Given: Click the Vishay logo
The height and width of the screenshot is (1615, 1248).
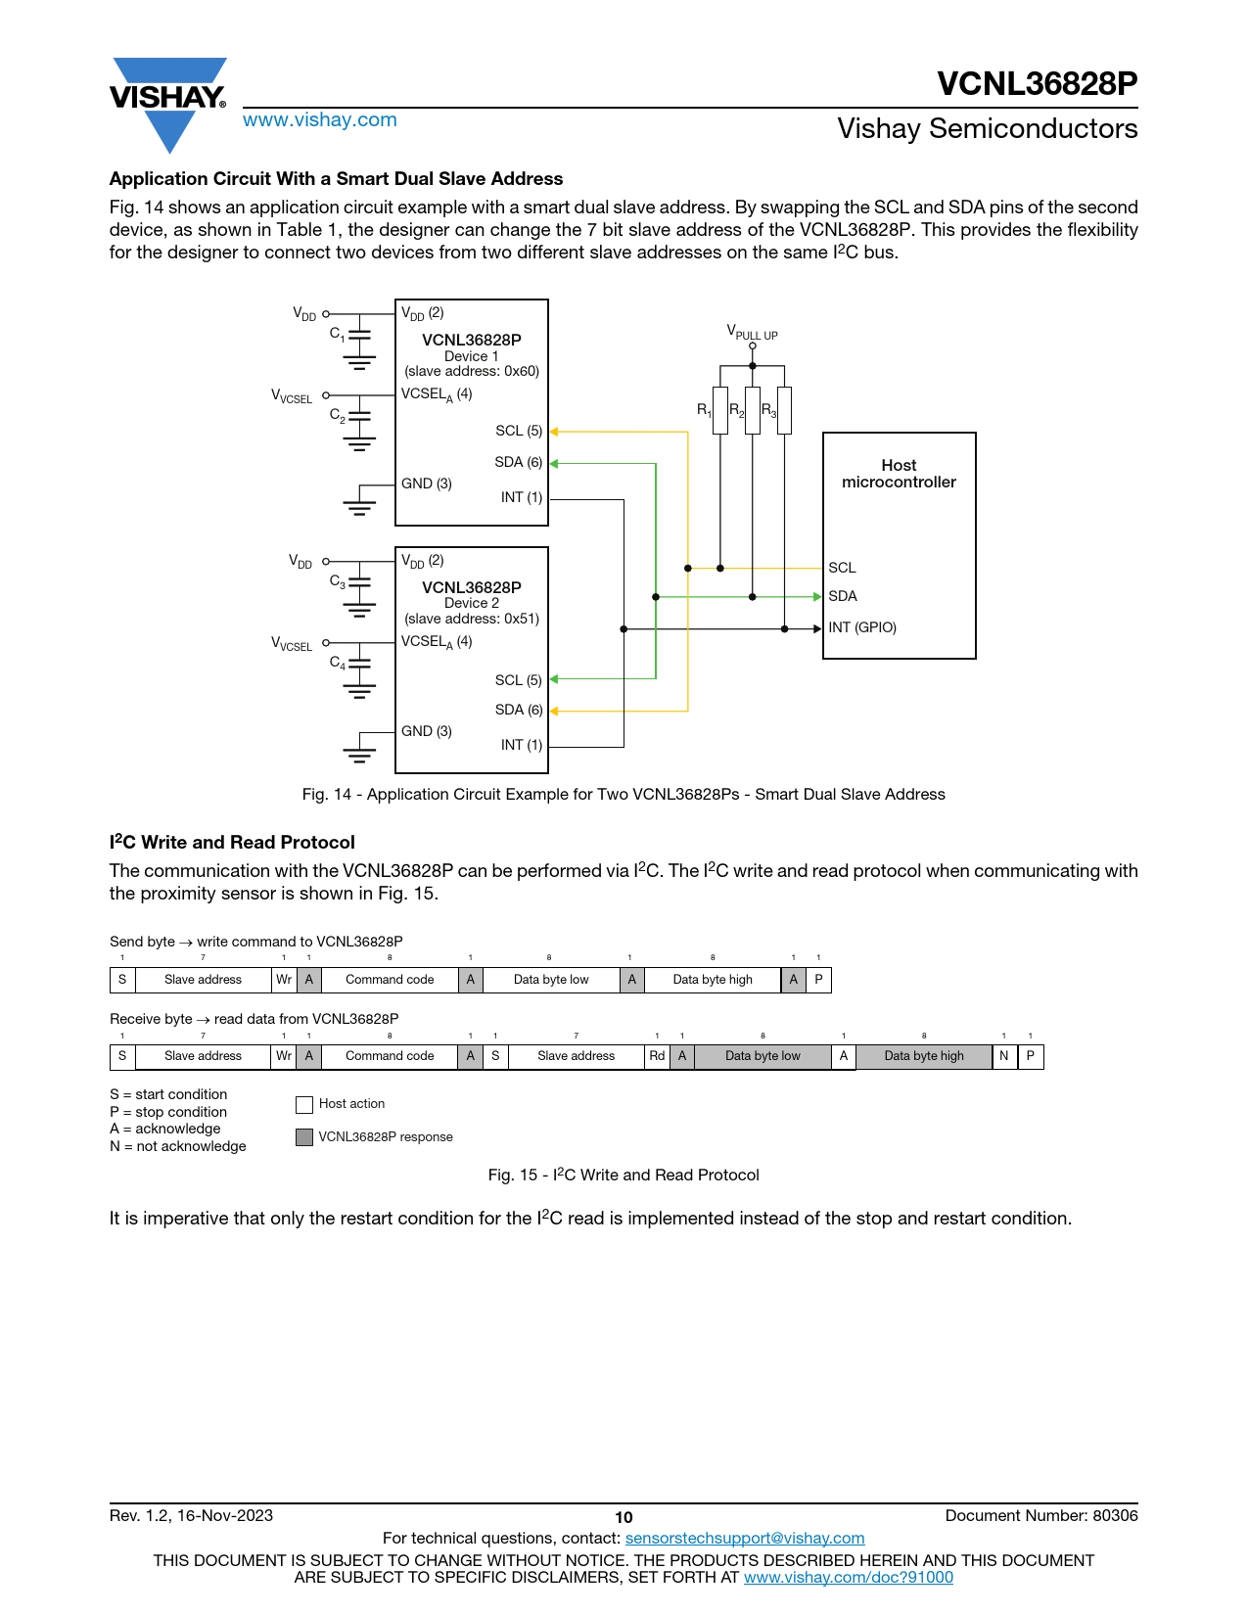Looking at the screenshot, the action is [x=168, y=105].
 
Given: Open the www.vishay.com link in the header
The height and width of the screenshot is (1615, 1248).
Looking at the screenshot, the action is [x=320, y=119].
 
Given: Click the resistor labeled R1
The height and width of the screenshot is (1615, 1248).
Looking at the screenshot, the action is [x=719, y=410].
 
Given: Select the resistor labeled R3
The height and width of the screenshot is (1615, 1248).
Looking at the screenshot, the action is [x=784, y=410].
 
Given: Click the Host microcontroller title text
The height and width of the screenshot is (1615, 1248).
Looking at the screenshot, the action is [x=899, y=474].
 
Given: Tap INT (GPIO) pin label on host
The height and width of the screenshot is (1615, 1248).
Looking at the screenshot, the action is [x=862, y=627].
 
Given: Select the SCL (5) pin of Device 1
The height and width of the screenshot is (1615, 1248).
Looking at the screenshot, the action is [x=519, y=431].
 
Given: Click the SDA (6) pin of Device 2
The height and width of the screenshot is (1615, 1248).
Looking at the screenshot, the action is [x=519, y=710].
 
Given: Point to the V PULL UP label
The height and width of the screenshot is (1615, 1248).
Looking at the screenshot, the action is [x=752, y=332].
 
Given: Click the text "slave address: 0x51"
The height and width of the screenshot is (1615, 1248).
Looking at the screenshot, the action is [x=472, y=619].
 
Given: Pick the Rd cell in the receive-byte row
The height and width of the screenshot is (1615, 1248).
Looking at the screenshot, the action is [x=657, y=1056].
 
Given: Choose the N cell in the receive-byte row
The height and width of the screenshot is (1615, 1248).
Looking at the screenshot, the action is [x=1003, y=1056].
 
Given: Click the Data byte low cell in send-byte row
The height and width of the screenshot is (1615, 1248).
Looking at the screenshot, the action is [x=551, y=980].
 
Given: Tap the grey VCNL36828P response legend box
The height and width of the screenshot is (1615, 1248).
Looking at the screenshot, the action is [x=304, y=1137].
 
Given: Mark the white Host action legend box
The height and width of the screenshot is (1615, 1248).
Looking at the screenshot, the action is [x=304, y=1104].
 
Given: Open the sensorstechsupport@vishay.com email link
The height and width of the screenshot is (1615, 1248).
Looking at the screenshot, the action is [x=745, y=1538].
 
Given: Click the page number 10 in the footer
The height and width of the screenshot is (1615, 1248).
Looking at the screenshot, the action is [x=624, y=1518].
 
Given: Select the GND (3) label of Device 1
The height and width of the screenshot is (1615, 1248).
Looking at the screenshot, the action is [x=427, y=484].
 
